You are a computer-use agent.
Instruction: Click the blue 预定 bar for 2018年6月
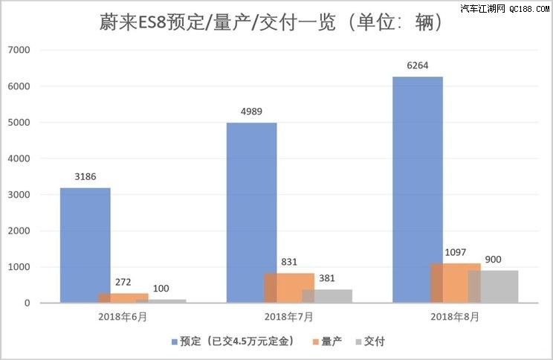coord(85,245)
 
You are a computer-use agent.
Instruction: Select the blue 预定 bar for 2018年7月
coord(251,213)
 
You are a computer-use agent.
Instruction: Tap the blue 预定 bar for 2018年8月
coord(417,190)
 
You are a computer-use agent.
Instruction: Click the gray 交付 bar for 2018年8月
coord(493,286)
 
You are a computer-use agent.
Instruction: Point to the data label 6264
coord(418,65)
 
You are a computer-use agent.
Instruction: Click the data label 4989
coord(251,112)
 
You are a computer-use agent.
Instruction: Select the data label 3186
coord(85,177)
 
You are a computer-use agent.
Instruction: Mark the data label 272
coord(123,282)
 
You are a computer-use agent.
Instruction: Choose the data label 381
coord(327,278)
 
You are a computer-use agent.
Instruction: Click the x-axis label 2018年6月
coord(123,316)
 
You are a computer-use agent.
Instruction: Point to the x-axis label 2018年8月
coord(455,316)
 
